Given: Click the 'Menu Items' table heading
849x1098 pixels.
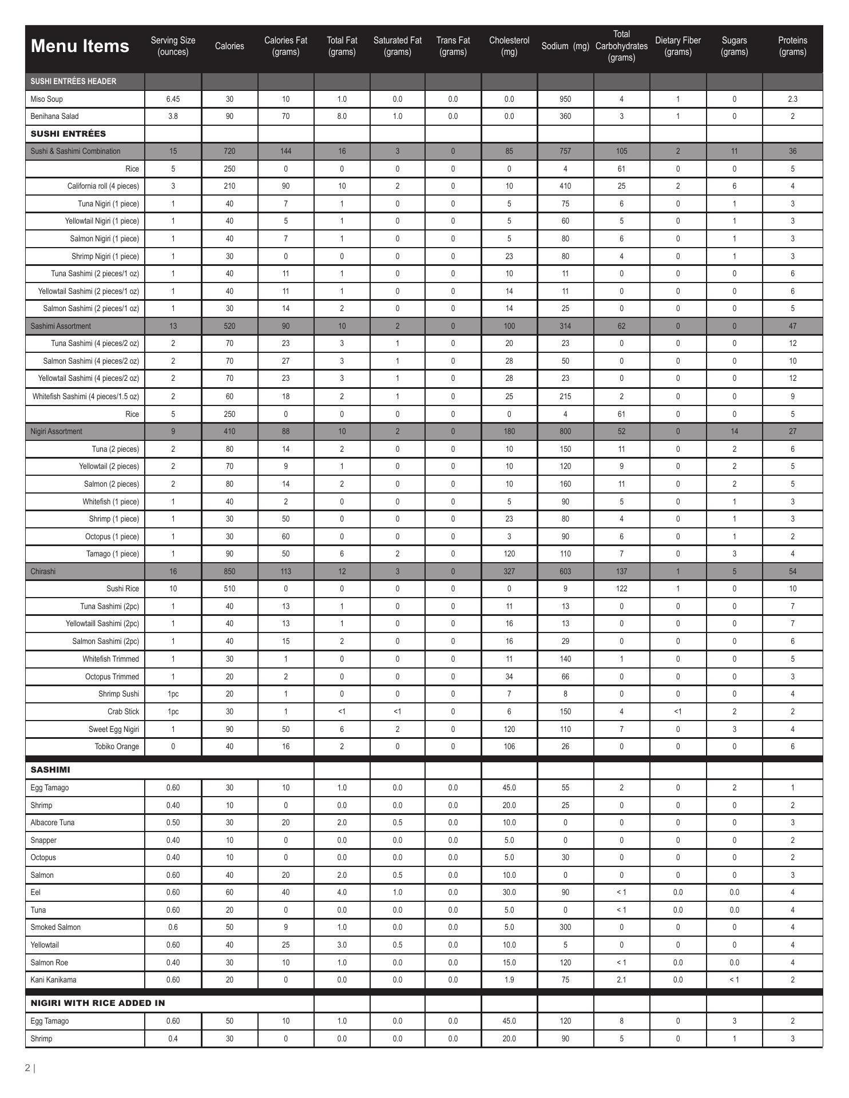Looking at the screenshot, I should tap(80, 46).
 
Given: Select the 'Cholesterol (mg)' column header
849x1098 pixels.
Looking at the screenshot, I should tap(509, 46).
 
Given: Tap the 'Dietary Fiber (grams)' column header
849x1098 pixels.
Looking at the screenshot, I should tap(677, 46).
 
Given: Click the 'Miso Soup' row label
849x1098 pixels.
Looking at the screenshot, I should tap(46, 99).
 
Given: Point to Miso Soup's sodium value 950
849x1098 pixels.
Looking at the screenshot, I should tap(565, 99).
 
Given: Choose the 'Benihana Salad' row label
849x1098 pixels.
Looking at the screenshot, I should tap(54, 116).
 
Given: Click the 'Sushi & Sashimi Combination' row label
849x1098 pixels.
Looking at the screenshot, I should tap(76, 151).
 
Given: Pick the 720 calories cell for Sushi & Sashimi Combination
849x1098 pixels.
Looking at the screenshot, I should tap(229, 151).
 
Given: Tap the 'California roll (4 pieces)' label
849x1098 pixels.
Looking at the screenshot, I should tap(103, 186).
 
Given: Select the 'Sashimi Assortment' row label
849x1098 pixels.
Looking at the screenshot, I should tap(61, 326).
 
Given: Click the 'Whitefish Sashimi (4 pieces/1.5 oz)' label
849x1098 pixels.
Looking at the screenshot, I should tap(86, 396).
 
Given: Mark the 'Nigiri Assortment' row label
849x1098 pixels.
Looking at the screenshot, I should tap(56, 431).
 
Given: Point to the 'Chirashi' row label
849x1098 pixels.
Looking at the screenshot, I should tap(43, 571).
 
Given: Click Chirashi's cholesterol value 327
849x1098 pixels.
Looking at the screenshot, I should tap(509, 571).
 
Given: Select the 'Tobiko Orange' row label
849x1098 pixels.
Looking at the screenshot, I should tap(117, 746).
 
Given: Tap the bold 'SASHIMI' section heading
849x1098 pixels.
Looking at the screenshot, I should tap(50, 770).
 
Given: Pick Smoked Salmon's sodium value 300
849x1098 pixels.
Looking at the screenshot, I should tap(565, 927).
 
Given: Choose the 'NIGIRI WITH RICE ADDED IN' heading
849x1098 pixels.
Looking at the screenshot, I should tap(97, 1003).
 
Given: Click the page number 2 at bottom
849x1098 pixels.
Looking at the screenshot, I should tap(28, 1068).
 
